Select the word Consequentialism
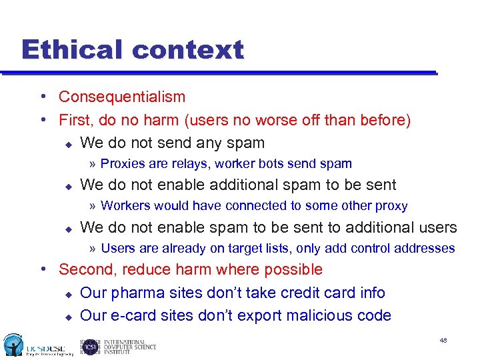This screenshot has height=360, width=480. pyautogui.click(x=122, y=97)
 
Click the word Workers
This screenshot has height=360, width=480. pyautogui.click(x=125, y=207)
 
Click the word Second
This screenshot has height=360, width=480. pyautogui.click(x=87, y=270)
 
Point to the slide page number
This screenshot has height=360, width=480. pyautogui.click(x=443, y=341)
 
